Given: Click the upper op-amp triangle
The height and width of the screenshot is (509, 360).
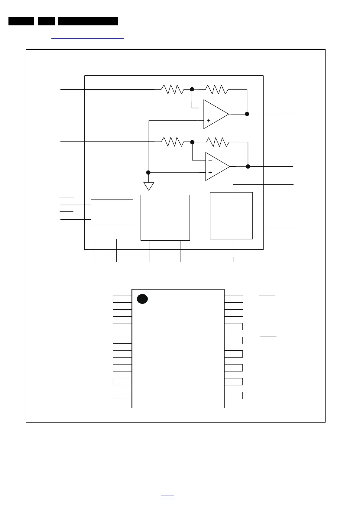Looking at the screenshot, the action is click(214, 114).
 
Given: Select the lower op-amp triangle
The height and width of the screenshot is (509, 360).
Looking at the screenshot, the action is click(216, 167).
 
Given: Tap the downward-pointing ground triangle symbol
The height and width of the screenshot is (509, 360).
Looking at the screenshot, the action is click(149, 186).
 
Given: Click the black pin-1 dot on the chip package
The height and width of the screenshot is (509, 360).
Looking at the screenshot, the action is click(142, 299).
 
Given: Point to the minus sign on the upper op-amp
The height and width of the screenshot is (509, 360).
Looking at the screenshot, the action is click(209, 108).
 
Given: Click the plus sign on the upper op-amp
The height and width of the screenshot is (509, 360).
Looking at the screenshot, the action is click(209, 120).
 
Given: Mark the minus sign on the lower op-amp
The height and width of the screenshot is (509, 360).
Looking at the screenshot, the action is click(210, 160).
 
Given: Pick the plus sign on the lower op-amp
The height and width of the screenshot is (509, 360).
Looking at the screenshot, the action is click(210, 173).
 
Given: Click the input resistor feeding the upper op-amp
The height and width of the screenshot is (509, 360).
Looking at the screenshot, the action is click(172, 89).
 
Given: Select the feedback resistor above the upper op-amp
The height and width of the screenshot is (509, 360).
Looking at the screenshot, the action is click(217, 89).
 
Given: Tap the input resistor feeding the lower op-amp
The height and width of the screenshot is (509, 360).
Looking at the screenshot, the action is click(173, 142).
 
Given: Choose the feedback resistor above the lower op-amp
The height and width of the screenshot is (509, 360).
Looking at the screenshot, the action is click(218, 142).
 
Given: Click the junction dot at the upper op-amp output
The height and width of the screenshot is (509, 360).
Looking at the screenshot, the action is click(247, 114).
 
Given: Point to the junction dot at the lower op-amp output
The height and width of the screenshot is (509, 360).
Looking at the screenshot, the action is click(248, 167).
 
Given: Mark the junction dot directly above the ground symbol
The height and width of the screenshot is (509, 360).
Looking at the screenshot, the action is click(148, 173).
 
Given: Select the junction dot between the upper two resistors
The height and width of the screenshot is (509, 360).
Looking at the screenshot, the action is click(192, 89).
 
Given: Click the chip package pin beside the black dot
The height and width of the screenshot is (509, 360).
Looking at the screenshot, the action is click(122, 299).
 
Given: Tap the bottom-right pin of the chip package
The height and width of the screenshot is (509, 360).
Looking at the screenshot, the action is click(234, 395).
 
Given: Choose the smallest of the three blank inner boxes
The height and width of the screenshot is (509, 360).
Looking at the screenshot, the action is click(112, 212).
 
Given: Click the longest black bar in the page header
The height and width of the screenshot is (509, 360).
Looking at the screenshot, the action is click(88, 21).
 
